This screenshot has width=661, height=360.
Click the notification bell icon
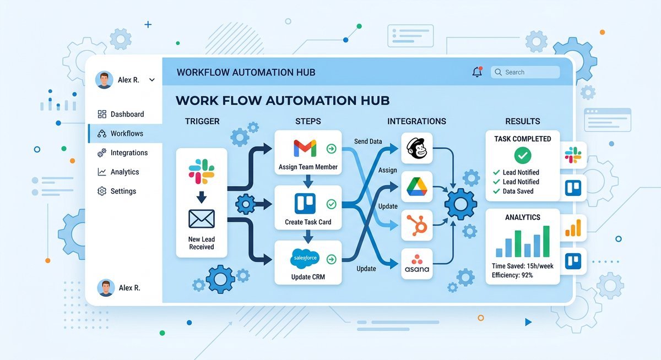pos(477,72)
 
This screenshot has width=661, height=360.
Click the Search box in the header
pos(525,72)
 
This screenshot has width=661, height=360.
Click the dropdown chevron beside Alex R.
pos(152,80)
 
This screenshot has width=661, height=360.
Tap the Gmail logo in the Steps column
pos(305,148)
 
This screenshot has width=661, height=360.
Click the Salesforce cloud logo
pos(305,259)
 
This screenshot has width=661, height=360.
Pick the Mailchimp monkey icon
pos(416,148)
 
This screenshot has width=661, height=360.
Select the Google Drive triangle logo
pos(416,187)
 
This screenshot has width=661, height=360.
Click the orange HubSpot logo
pos(416,225)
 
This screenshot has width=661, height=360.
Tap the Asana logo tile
pos(416,264)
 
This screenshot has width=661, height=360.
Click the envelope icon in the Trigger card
pos(202,219)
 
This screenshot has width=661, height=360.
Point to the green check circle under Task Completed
pos(523,155)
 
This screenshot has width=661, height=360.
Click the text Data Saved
pos(518,192)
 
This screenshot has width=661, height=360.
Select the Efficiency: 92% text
pos(512,275)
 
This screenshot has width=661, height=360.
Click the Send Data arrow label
pos(368,141)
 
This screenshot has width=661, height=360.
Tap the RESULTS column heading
pos(523,121)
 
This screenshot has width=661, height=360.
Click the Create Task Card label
pos(308,222)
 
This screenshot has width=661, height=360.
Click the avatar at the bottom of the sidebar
pos(106,288)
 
